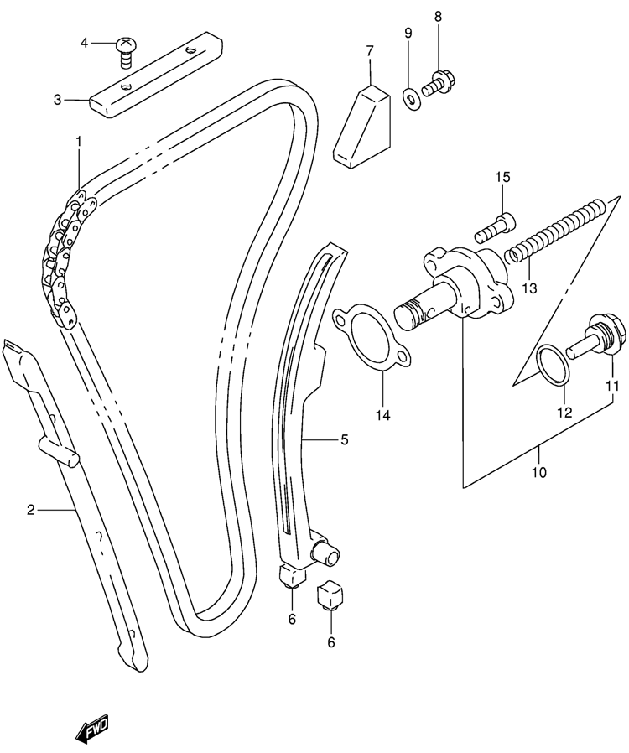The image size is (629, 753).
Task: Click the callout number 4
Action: pos(85,44)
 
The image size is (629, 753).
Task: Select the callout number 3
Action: pos(58,101)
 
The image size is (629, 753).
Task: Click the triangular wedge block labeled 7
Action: pos(362,127)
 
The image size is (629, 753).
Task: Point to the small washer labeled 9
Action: pos(412,99)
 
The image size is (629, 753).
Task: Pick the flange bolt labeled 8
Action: pos(439,84)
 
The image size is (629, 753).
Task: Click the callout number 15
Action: pos(502,177)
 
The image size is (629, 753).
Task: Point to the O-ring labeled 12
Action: pos(554,365)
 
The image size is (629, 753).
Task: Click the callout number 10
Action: pos(539,473)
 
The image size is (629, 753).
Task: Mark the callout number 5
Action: pos(344,439)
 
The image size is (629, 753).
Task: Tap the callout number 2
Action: pos(31,510)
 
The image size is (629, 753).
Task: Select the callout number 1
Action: pos(78,141)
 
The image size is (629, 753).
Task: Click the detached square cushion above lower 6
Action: pos(330,595)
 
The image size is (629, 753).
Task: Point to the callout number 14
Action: pos(382,415)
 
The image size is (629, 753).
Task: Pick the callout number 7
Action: pos(369,50)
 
